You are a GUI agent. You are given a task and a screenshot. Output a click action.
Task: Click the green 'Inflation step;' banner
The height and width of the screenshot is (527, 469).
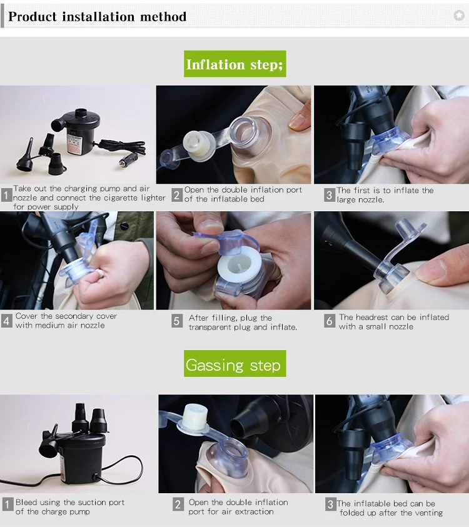[234, 64]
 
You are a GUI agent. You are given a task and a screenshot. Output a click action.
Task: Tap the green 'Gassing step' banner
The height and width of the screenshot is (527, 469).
[234, 363]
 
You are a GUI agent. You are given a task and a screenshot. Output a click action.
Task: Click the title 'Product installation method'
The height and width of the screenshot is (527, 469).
[97, 16]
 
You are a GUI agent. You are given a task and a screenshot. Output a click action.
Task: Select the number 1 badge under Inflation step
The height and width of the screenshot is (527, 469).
[6, 195]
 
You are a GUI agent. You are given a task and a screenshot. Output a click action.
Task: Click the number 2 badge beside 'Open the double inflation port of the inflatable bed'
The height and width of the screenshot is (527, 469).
[177, 195]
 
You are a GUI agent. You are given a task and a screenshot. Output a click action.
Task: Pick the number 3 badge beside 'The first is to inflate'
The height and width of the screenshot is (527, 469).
[330, 195]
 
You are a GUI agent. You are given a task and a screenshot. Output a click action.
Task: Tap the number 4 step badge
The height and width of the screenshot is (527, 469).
[6, 321]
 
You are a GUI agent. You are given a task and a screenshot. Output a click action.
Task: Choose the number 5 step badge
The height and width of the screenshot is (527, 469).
[177, 321]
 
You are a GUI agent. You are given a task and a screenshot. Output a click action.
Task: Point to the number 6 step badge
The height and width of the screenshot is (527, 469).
[330, 321]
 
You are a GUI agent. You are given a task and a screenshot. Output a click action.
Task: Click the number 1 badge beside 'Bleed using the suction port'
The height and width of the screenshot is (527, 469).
[8, 504]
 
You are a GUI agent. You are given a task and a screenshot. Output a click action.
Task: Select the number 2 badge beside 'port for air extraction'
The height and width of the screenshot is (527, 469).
[178, 504]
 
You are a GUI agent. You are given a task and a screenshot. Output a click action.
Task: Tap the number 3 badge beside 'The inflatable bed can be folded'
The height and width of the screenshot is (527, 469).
[331, 504]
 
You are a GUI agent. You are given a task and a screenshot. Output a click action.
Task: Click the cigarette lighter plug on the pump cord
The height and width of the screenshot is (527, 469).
[127, 160]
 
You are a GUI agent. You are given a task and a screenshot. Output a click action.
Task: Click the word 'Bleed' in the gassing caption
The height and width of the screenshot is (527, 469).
[26, 502]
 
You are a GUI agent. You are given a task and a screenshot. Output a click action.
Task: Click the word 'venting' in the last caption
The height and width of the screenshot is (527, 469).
[430, 513]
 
